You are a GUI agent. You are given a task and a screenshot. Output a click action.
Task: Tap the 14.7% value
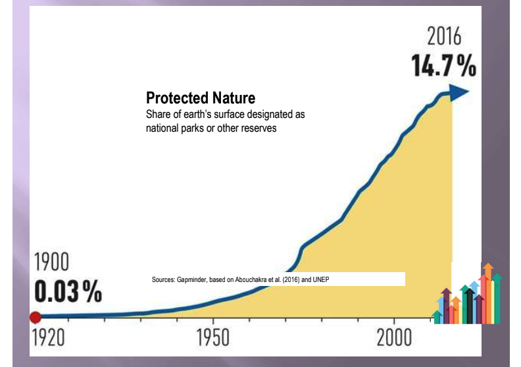click(444, 65)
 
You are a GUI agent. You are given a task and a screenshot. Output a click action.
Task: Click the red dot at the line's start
click(36, 317)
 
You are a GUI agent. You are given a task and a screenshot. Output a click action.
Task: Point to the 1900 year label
click(51, 262)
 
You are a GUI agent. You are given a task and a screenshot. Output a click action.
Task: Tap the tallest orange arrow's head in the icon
click(487, 269)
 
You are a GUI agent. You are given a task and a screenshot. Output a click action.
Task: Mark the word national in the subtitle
click(164, 128)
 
